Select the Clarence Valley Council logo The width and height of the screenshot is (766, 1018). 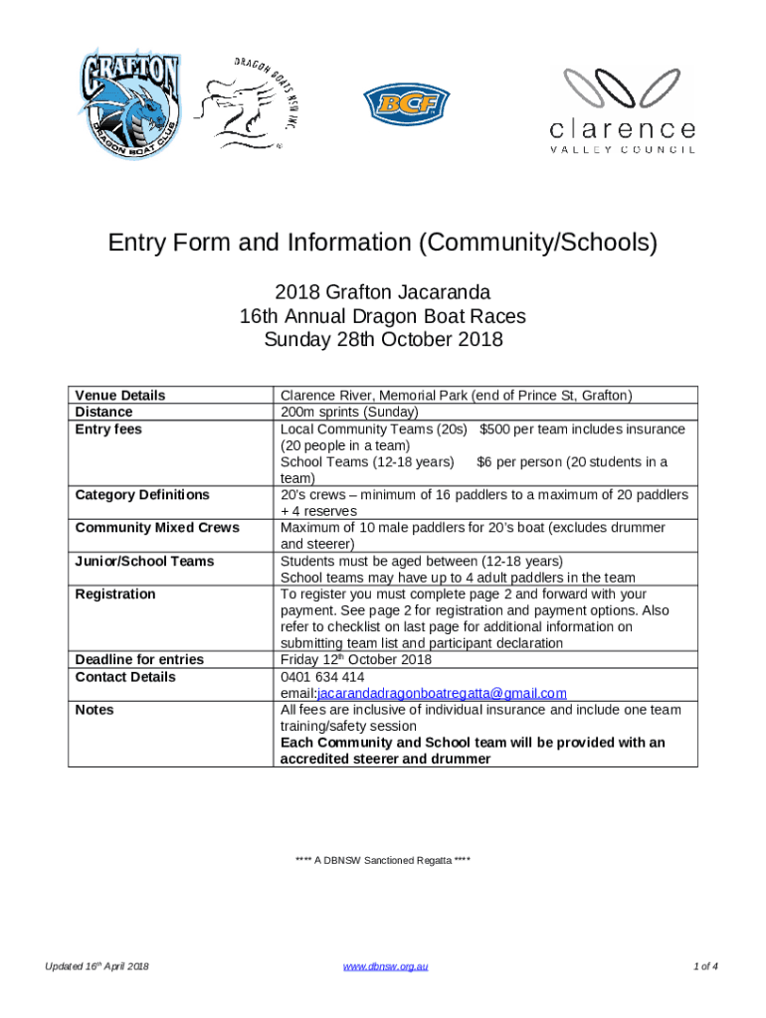pyautogui.click(x=623, y=110)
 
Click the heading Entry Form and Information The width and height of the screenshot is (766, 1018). pyautogui.click(x=383, y=244)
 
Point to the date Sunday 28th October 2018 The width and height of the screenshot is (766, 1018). pyautogui.click(x=383, y=340)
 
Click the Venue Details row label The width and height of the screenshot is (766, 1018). pyautogui.click(x=120, y=396)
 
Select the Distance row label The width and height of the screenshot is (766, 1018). pyautogui.click(x=104, y=412)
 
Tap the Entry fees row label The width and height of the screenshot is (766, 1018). pyautogui.click(x=108, y=428)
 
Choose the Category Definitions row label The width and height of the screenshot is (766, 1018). pyautogui.click(x=142, y=494)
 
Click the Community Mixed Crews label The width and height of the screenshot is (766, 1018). pyautogui.click(x=157, y=528)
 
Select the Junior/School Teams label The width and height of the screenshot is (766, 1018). pyautogui.click(x=144, y=561)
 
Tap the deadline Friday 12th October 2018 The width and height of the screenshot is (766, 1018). pyautogui.click(x=355, y=659)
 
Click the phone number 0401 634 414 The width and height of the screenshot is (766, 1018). pyautogui.click(x=314, y=676)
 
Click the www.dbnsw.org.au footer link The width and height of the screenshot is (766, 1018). pyautogui.click(x=385, y=966)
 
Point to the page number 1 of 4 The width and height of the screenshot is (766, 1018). pyautogui.click(x=705, y=966)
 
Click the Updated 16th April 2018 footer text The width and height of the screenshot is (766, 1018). pyautogui.click(x=96, y=966)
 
